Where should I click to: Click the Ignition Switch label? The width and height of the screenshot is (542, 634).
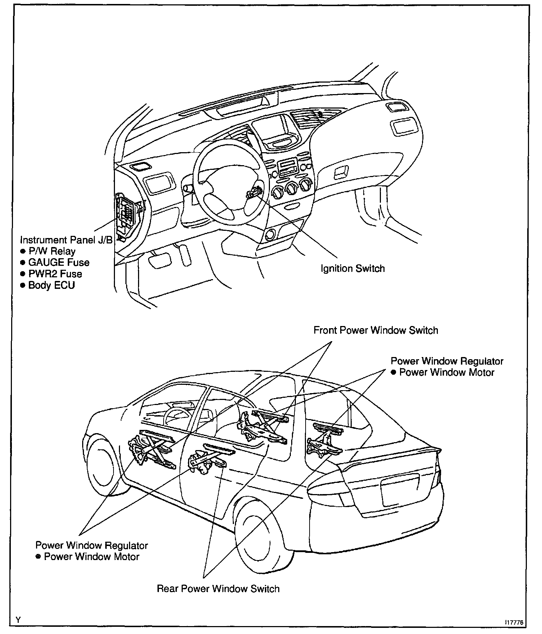click(352, 269)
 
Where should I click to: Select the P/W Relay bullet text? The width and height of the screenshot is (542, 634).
click(52, 251)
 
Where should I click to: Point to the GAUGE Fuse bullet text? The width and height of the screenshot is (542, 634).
click(59, 263)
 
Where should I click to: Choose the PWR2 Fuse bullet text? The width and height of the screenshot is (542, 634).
click(55, 274)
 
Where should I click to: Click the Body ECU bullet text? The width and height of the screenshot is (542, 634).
click(52, 285)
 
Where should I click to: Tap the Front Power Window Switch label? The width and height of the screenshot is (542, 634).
click(376, 330)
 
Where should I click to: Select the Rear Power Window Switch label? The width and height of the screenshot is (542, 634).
click(218, 589)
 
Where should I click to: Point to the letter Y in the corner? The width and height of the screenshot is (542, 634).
click(18, 620)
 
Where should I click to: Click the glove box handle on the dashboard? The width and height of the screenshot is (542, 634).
click(340, 173)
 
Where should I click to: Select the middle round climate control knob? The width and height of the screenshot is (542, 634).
click(291, 188)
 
